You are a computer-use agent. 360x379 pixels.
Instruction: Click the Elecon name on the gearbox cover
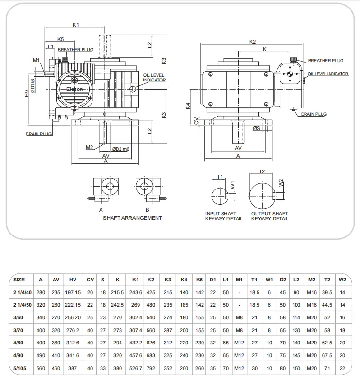click(74, 89)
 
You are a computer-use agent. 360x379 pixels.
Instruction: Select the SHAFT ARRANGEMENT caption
click(132, 218)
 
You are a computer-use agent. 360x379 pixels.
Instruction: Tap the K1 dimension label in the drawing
click(75, 24)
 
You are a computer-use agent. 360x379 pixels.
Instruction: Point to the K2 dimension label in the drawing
click(252, 42)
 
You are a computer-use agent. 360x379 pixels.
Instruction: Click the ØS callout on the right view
click(257, 128)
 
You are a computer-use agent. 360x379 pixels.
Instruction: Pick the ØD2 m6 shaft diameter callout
click(120, 149)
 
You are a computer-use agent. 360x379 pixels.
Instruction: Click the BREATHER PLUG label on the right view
click(325, 61)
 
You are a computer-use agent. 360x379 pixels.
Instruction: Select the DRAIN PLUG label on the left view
click(38, 134)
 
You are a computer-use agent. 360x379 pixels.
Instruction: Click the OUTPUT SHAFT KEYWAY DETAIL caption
click(269, 216)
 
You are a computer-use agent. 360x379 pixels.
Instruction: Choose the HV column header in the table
click(73, 280)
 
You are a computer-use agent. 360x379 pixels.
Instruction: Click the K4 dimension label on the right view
click(188, 106)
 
